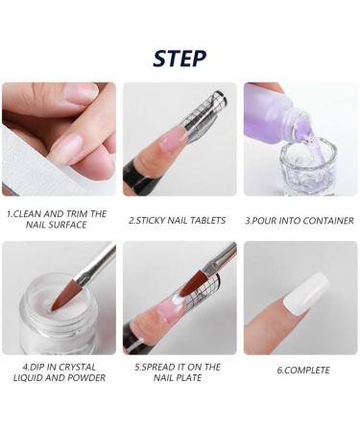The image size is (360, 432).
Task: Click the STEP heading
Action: click(180, 59)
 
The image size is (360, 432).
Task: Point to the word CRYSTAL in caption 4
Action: click(78, 367)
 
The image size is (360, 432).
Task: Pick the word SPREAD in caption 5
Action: click(156, 367)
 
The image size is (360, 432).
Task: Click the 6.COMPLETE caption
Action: click(303, 371)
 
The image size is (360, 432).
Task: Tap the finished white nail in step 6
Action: click(306, 294)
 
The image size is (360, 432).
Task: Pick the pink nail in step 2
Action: click(174, 139)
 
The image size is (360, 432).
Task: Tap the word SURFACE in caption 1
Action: click(68, 225)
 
